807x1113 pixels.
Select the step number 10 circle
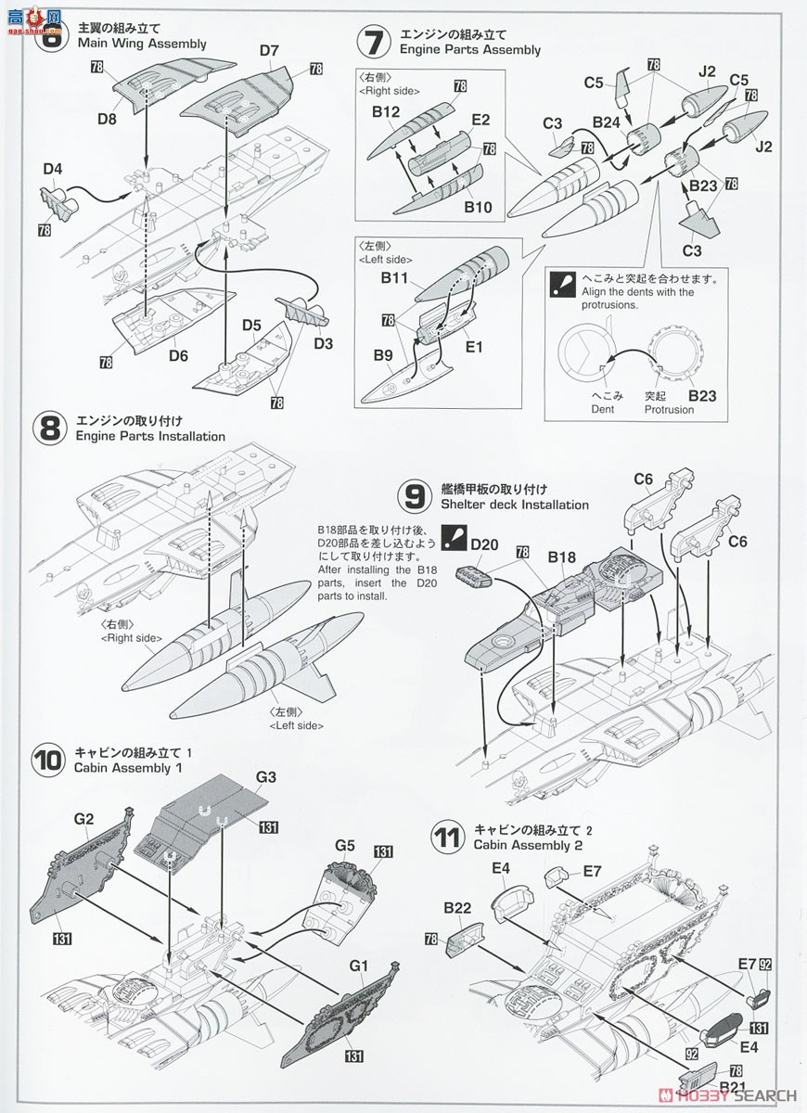[x=46, y=761]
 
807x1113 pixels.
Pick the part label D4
[x=52, y=169]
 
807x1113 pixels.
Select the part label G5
[x=346, y=845]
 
